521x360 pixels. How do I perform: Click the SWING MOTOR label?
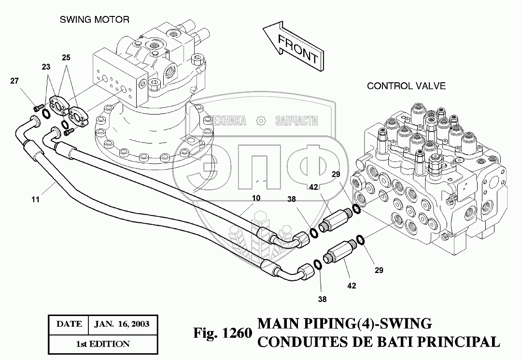pyautogui.click(x=94, y=20)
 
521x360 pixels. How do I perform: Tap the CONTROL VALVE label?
pyautogui.click(x=406, y=86)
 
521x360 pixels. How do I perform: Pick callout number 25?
pyautogui.click(x=66, y=58)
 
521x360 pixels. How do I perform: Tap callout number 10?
pyautogui.click(x=256, y=198)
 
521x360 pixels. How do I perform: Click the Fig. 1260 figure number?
pyautogui.click(x=223, y=333)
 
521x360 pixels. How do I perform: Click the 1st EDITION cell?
pyautogui.click(x=103, y=344)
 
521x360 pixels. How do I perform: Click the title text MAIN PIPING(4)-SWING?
pyautogui.click(x=345, y=323)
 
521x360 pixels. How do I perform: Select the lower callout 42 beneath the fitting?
pyautogui.click(x=351, y=286)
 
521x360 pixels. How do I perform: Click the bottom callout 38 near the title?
pyautogui.click(x=322, y=299)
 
